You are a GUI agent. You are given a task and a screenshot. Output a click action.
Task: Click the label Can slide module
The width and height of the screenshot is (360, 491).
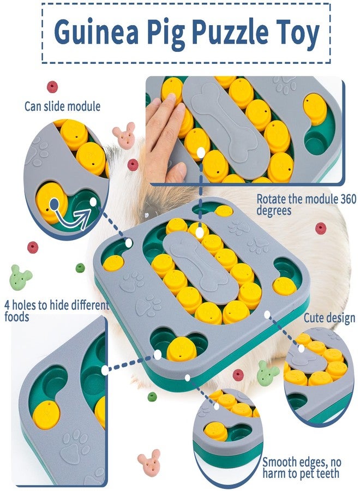point(63,106)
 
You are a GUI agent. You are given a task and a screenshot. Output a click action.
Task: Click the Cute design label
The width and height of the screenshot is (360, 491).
point(329,318)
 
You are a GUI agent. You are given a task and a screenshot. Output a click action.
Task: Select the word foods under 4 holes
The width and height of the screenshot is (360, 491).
point(16,316)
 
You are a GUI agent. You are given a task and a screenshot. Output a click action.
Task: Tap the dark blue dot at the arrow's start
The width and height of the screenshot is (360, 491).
point(54,204)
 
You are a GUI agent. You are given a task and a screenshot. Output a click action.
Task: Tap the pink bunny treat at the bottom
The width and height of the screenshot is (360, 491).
point(149,460)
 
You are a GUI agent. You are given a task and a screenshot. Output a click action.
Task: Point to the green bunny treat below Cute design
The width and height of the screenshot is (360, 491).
point(267,373)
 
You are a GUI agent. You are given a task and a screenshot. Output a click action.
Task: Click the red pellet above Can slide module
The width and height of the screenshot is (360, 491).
point(52,87)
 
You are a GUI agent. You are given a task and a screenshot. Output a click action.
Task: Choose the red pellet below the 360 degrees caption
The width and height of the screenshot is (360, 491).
point(321,228)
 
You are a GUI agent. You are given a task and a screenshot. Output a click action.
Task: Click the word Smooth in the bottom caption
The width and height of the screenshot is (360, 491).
point(280,462)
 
